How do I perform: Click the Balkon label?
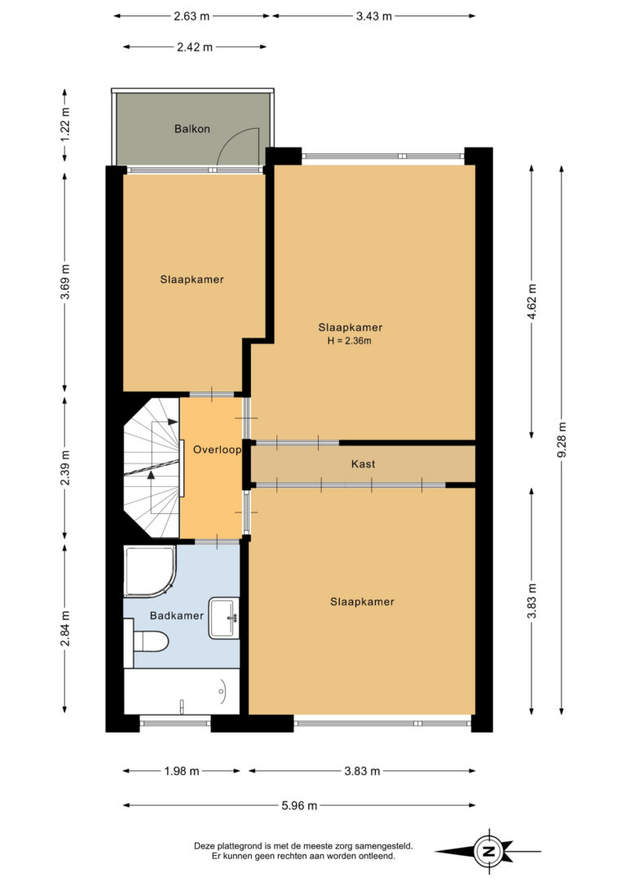point(192,129)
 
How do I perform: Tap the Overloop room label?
point(218,450)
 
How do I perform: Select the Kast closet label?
point(363,464)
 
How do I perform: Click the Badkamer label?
point(177,615)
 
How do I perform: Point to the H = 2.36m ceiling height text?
point(350,341)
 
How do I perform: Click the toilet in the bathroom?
point(146,642)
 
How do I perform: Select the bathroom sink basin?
point(224,618)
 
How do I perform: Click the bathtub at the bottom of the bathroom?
point(181,692)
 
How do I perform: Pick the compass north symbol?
point(488,851)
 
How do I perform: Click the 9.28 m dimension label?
point(561,441)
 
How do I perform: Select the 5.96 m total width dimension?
point(299,806)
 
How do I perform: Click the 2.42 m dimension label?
point(195,47)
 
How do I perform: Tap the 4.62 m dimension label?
point(531,301)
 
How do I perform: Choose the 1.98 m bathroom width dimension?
point(182,771)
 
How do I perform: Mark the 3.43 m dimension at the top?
point(373,16)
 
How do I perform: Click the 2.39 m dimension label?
point(65,467)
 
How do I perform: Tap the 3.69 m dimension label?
point(65,281)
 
